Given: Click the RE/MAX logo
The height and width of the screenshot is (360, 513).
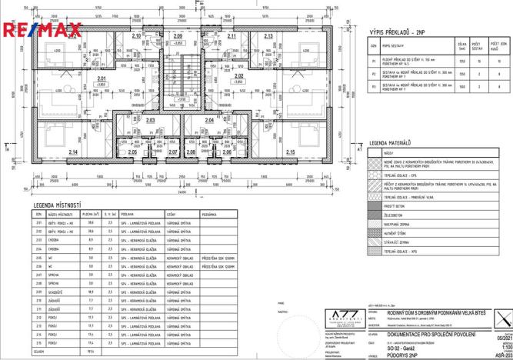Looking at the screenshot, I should click(x=42, y=30).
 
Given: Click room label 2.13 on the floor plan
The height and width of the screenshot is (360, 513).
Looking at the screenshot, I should click(x=268, y=36).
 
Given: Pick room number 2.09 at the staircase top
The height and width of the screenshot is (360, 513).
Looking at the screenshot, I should click(x=178, y=35).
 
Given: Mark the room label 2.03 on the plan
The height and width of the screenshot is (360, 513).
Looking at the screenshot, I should click(x=150, y=120).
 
